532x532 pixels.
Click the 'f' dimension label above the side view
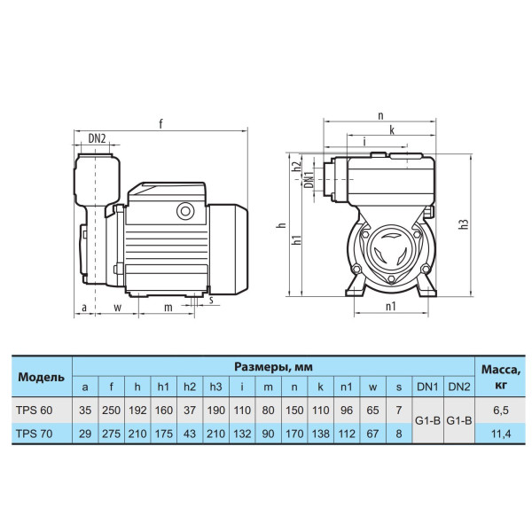point(160,124)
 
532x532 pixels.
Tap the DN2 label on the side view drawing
point(98,138)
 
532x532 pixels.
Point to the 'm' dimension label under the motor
point(168,308)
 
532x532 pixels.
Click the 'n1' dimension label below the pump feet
point(391,307)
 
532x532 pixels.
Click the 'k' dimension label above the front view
point(392,129)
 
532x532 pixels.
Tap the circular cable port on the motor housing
point(185,211)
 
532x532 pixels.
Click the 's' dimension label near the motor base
point(211,300)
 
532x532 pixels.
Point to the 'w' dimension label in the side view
point(117,308)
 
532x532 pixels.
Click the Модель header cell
point(42,377)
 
